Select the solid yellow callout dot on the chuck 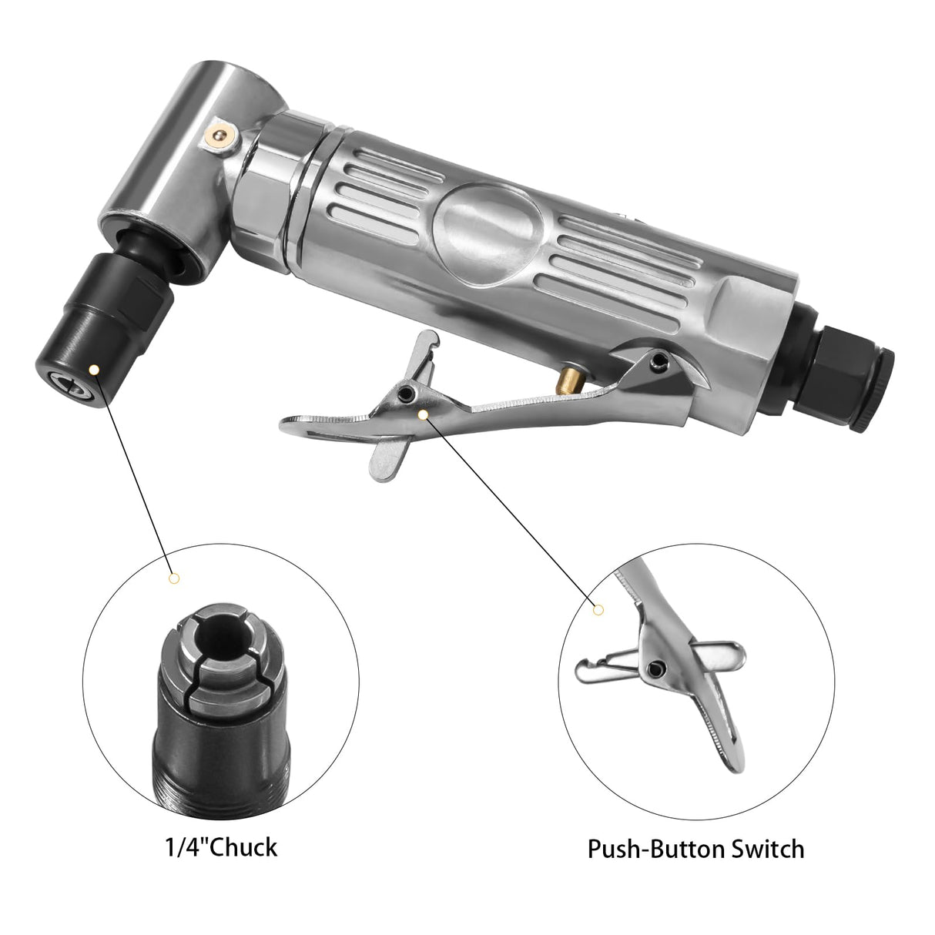click(93, 370)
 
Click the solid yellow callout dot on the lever click(423, 414)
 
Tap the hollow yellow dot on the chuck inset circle click(173, 578)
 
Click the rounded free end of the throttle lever click(293, 421)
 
